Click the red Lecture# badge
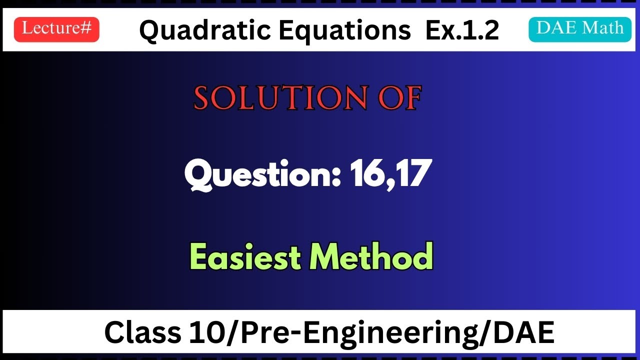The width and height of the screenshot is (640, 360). pos(56,29)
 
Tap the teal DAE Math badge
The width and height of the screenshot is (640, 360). pos(580,28)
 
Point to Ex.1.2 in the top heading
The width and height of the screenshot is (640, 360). pos(462,31)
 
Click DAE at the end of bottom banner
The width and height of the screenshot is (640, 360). pos(525,332)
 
